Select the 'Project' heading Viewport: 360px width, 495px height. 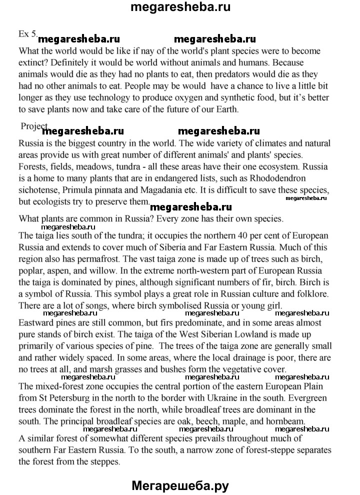point(34,126)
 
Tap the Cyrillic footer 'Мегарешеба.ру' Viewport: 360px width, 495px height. point(180,483)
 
